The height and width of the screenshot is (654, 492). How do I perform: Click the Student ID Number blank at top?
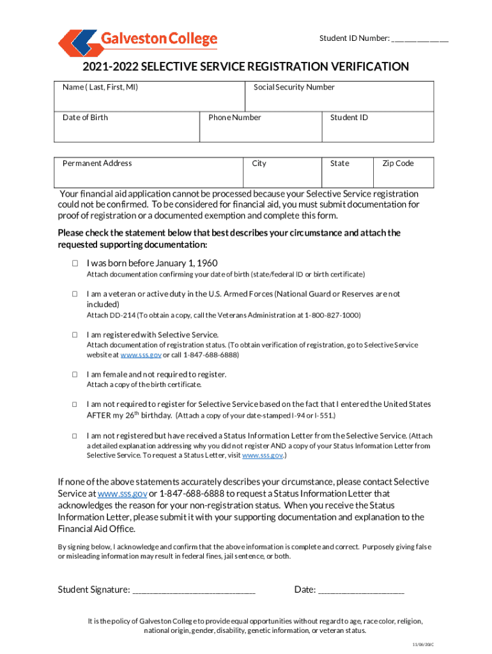tap(420, 40)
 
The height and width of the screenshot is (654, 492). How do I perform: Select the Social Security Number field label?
tap(294, 87)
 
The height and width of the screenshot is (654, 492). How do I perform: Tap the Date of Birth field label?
tap(85, 118)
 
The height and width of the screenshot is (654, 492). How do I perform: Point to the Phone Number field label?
tap(234, 118)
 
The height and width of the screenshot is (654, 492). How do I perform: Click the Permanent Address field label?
tap(97, 163)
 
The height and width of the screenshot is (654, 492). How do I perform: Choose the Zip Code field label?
tap(397, 163)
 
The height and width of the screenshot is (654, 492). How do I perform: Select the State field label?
tap(339, 163)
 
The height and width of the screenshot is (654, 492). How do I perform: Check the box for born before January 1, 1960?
tap(74, 263)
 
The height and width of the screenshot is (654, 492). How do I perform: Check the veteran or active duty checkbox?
tap(74, 294)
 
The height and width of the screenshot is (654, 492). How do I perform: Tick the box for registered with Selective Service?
tap(74, 335)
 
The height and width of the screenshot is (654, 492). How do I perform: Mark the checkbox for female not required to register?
tap(74, 374)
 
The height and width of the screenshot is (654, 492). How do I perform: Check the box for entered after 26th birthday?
tap(74, 404)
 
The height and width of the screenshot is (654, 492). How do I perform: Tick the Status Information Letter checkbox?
tap(74, 436)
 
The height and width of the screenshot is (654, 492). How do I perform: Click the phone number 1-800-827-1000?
tap(332, 316)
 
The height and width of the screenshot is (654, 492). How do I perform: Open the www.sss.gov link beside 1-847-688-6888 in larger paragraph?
tap(122, 494)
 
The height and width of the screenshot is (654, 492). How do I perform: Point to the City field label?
tap(259, 163)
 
